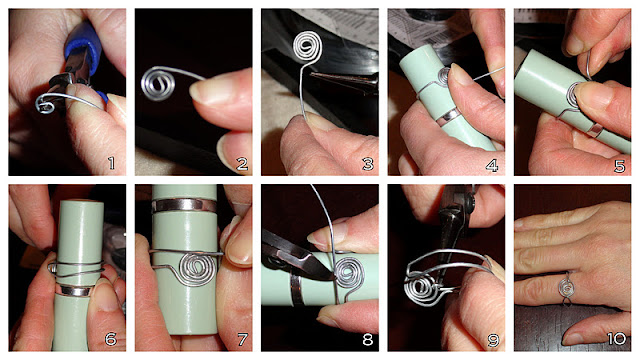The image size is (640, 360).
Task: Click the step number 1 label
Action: tap(112, 161)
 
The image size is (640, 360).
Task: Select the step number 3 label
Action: tap(366, 161)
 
